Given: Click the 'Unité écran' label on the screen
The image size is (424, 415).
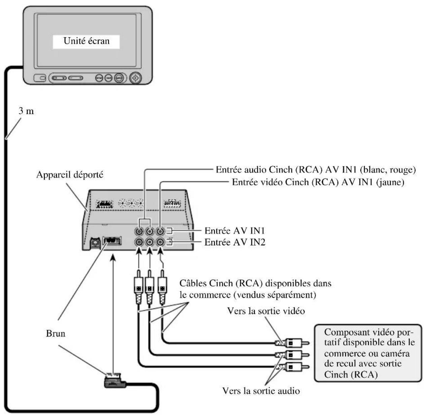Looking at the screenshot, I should (x=86, y=41).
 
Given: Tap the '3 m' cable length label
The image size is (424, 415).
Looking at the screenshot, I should (x=26, y=111).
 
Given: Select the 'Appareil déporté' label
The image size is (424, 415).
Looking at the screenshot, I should (x=70, y=175).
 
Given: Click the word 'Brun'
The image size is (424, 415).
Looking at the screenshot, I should (x=56, y=333).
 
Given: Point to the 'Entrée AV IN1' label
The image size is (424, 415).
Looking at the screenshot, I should (x=235, y=231).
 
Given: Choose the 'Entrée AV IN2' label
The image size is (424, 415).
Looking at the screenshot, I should (x=235, y=242).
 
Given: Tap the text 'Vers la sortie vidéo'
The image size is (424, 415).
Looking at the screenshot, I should (x=266, y=311).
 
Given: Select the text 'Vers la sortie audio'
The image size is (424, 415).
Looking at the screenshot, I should (x=261, y=391).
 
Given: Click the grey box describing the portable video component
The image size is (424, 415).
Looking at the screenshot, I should (x=367, y=353).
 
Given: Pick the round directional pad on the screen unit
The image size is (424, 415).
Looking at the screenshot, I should (x=135, y=78).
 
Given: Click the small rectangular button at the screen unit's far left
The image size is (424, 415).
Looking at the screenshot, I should (x=40, y=78).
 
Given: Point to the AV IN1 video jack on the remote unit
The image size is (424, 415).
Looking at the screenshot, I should (x=161, y=231).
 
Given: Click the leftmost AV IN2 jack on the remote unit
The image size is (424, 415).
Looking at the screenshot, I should (x=138, y=242).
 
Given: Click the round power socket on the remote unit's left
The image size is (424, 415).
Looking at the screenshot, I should (x=95, y=242).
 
